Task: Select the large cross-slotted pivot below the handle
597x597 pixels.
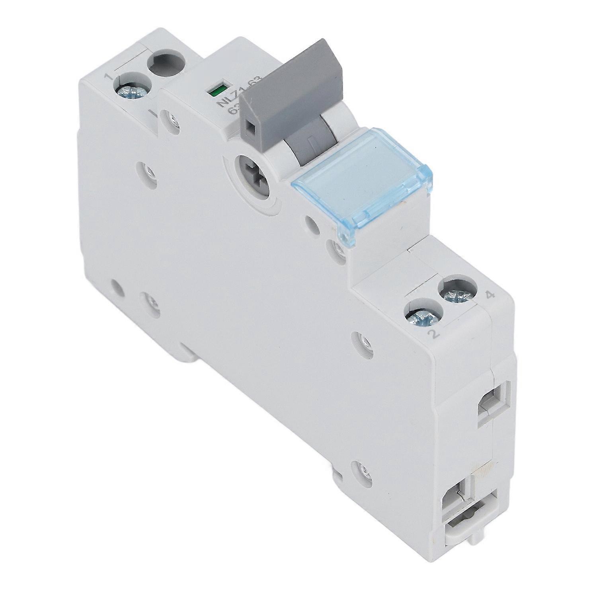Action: click(251, 174)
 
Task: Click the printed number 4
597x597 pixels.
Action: click(490, 295)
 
